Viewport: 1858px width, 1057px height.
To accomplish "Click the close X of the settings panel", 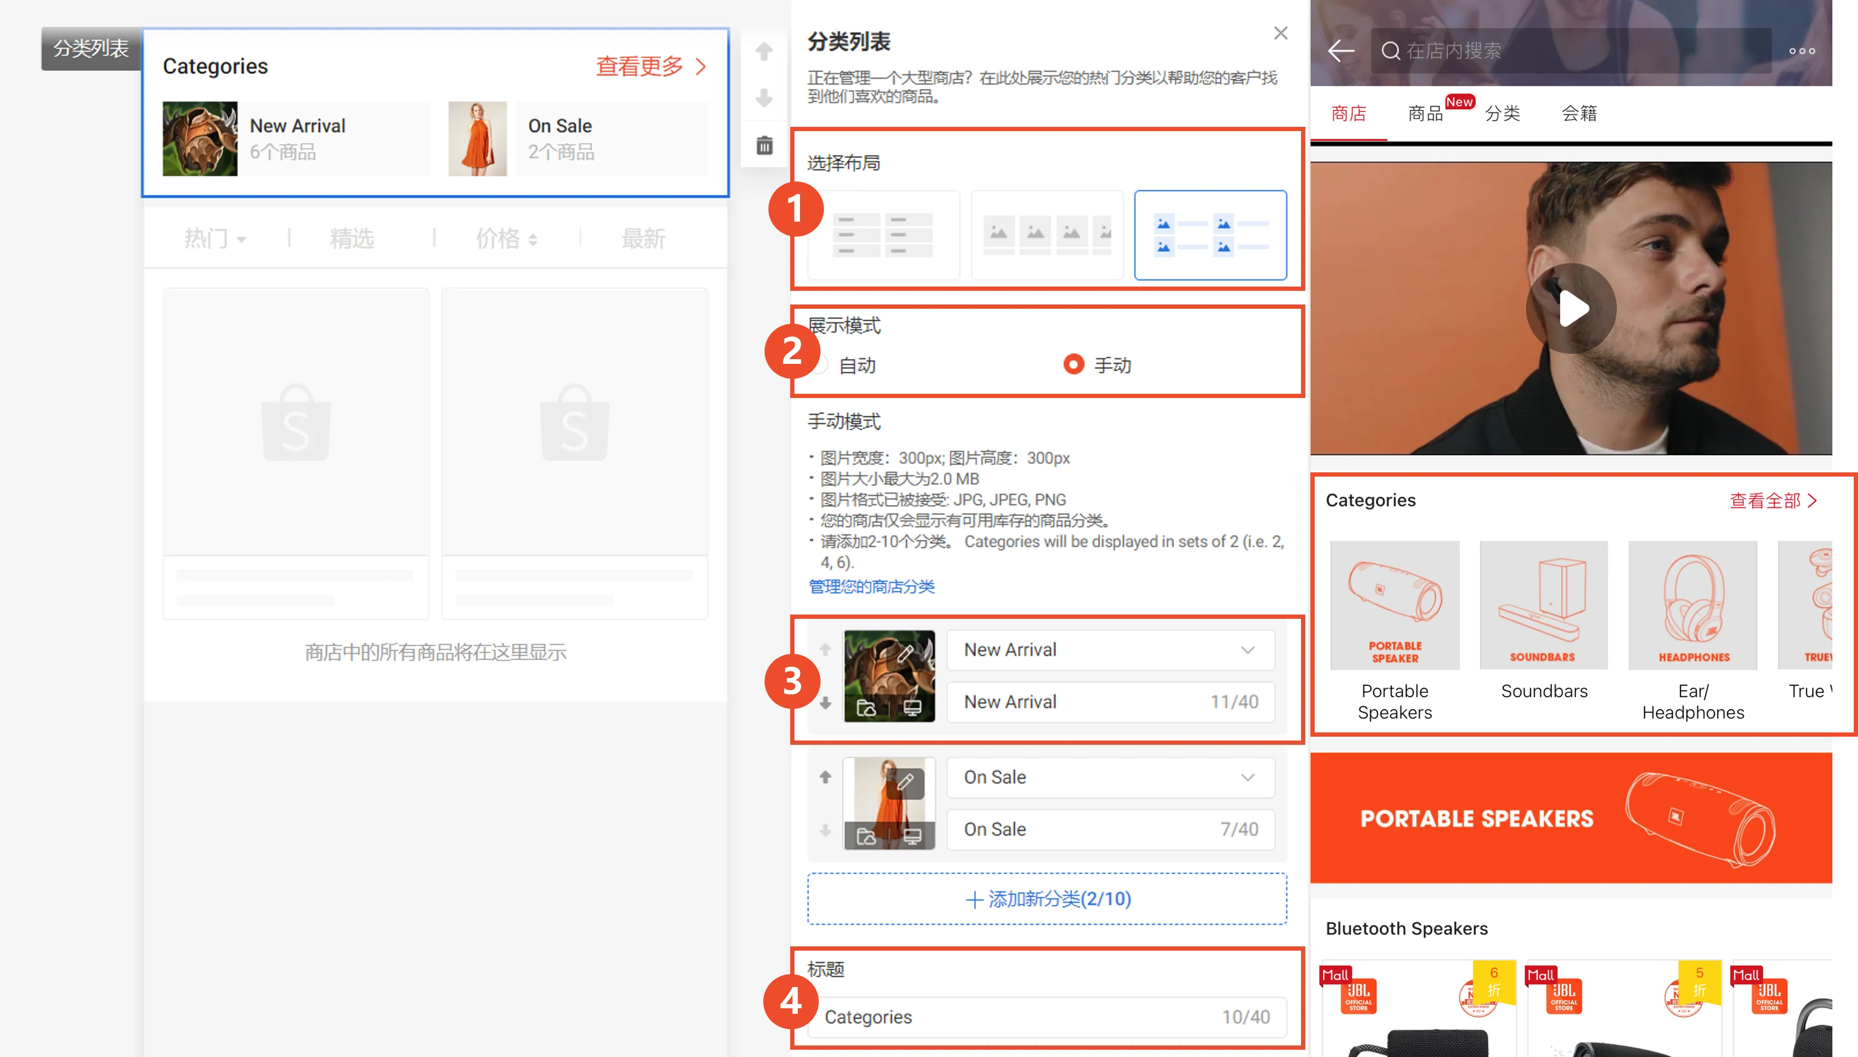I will point(1280,33).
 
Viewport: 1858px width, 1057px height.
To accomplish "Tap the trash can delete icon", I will point(764,145).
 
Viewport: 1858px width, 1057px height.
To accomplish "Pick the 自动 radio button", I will point(821,364).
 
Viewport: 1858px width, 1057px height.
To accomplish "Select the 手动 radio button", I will point(1073,364).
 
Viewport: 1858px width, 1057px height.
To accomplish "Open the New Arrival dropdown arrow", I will point(1247,650).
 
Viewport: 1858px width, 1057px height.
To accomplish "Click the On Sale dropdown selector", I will point(1110,777).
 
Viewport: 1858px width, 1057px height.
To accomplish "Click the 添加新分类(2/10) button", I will point(1046,899).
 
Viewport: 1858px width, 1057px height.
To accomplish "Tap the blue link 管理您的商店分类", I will point(871,586).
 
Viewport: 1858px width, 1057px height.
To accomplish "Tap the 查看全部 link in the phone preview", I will point(1772,500).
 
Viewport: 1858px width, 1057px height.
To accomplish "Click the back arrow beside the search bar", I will point(1340,51).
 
